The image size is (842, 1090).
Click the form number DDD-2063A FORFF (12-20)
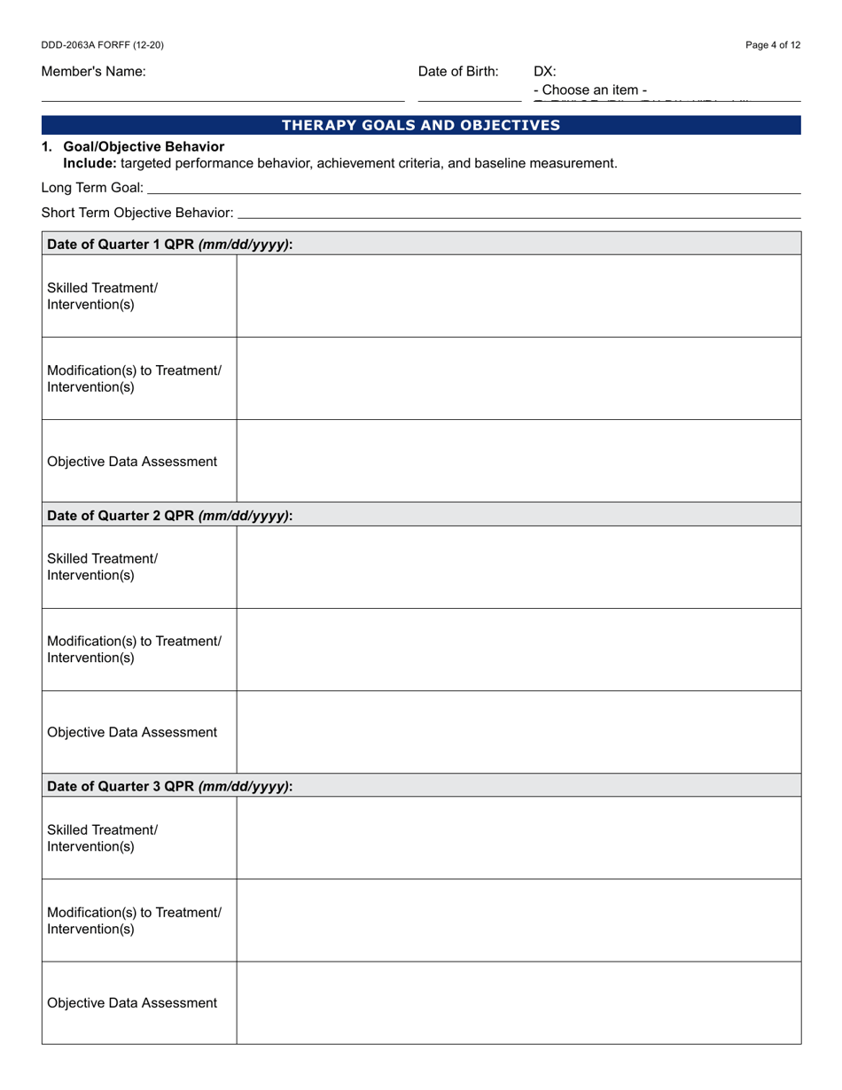coord(102,45)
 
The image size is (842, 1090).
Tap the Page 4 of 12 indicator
coord(773,45)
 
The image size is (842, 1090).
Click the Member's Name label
coord(93,72)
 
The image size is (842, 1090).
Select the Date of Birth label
coord(458,72)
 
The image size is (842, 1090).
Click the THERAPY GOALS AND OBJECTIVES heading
coord(421,125)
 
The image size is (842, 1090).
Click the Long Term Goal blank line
coord(473,189)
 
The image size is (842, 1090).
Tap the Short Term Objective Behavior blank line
coord(519,214)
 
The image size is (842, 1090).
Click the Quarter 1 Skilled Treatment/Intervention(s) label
coord(103,296)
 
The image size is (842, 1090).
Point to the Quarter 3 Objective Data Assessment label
coord(132,1003)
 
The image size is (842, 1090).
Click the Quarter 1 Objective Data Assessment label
coord(132,462)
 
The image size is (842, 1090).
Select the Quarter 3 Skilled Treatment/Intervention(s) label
coord(103,838)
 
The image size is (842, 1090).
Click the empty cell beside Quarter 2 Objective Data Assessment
coord(518,732)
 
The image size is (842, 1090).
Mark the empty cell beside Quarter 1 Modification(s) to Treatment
coord(518,378)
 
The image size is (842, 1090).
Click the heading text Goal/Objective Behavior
coord(144,147)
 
